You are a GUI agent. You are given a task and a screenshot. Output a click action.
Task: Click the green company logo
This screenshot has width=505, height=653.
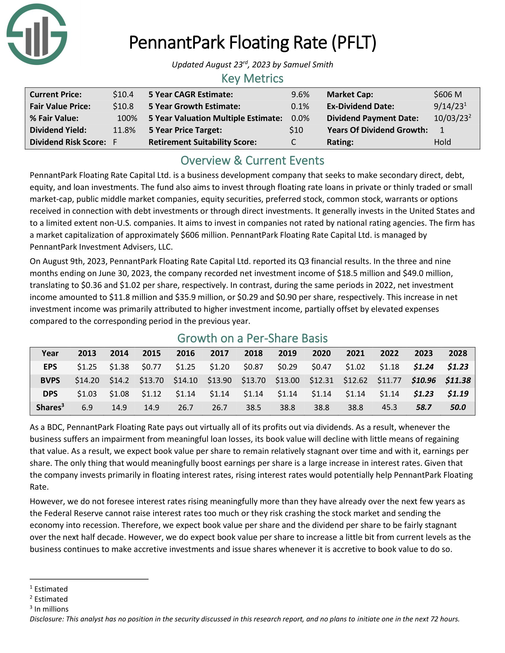(37, 34)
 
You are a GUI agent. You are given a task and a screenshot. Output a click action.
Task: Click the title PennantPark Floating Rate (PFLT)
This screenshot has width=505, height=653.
(252, 42)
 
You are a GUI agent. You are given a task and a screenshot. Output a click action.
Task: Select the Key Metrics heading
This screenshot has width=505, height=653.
(252, 79)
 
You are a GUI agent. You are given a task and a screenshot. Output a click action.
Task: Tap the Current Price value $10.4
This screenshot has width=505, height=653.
(123, 94)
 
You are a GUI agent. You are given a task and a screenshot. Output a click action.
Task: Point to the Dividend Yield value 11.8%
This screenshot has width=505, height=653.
(124, 130)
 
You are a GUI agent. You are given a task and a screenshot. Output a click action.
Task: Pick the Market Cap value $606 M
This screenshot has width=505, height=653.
(448, 94)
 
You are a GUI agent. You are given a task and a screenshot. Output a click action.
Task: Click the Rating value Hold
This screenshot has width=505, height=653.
(442, 142)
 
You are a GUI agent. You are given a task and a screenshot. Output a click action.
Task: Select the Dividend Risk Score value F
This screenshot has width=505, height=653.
(115, 142)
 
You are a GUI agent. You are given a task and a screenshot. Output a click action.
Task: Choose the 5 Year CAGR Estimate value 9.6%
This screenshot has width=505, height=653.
(300, 94)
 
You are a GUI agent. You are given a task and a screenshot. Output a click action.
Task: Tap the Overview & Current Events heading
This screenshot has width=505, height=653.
(252, 161)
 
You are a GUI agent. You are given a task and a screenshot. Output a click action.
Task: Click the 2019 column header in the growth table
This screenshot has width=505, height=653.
(287, 353)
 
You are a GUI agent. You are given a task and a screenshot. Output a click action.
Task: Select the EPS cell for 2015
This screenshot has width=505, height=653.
(151, 367)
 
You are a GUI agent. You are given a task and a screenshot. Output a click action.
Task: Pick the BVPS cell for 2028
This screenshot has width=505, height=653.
(458, 380)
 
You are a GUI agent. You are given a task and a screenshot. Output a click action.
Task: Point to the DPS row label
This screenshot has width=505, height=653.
(50, 394)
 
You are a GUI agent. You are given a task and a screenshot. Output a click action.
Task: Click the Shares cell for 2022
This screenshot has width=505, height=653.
(389, 407)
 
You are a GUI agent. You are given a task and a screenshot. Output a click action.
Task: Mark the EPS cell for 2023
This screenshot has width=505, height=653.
(423, 367)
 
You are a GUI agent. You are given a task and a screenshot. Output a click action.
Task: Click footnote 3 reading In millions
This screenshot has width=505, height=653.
(51, 609)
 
